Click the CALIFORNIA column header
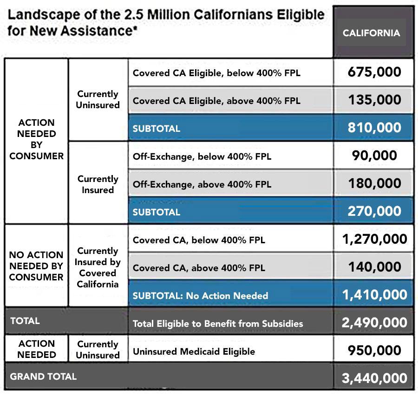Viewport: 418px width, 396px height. coord(371,33)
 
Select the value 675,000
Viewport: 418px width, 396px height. coord(374,72)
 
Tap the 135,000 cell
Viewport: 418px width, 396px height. coord(374,100)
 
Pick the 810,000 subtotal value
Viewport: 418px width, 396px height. coord(374,128)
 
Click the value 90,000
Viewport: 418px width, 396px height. coord(374,156)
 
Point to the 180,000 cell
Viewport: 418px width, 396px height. coord(374,183)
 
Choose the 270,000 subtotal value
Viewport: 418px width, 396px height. coord(374,211)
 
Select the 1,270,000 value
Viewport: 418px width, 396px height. coord(374,239)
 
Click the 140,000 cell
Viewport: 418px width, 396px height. coord(374,267)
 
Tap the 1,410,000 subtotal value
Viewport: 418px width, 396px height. coord(374,295)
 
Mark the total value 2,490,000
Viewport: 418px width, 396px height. coord(374,323)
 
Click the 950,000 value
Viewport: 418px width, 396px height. coord(374,351)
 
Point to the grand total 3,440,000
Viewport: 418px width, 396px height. coord(374,378)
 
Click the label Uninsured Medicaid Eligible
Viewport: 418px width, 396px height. coord(194,351)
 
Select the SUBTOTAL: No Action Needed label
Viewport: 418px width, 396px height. coord(200,295)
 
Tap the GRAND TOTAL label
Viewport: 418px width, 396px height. coord(43,377)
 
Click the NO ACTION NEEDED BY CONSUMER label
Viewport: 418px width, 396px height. coord(36,266)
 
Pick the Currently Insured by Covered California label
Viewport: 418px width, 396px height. coord(98,267)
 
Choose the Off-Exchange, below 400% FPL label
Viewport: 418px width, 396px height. coord(202,156)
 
